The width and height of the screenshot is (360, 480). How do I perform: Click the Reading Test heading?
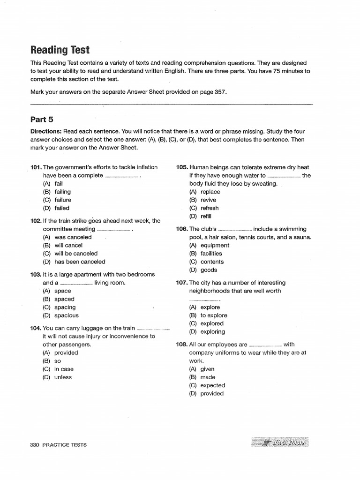tap(60, 50)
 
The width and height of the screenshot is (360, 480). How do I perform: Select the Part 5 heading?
tap(42, 120)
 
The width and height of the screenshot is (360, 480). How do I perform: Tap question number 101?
tap(36, 167)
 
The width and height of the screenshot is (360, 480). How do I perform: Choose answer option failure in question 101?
tap(63, 200)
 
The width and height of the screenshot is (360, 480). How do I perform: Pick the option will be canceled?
tap(76, 254)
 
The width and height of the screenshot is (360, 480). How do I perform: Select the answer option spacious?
tap(67, 315)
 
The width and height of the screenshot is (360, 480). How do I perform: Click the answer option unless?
tap(63, 377)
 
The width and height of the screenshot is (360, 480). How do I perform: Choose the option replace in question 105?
tap(210, 192)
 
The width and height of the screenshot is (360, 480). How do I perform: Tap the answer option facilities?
tap(211, 254)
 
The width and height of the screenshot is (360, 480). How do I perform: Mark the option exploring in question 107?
tap(213, 332)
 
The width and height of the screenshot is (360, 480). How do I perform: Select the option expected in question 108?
tap(213, 385)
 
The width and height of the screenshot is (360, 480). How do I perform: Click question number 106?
tap(182, 229)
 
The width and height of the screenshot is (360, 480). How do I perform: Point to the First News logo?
tap(280, 442)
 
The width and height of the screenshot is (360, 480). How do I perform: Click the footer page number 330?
tap(36, 445)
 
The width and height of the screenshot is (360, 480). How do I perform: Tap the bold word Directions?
tap(46, 132)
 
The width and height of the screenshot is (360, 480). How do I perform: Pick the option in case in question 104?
tap(64, 369)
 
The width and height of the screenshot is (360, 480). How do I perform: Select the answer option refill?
tap(206, 216)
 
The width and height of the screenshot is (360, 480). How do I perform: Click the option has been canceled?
tap(80, 262)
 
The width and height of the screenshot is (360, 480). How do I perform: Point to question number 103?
tap(36, 275)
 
